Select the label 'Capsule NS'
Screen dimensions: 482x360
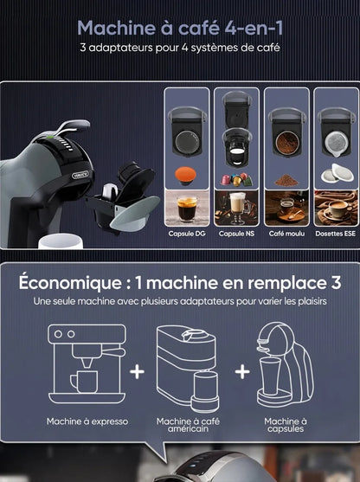coord(236,234)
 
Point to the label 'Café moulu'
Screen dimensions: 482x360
coord(286,234)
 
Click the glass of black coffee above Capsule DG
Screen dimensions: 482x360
coord(188,209)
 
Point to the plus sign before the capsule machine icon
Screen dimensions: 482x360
coord(241,372)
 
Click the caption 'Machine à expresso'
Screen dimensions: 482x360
coord(87,421)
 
